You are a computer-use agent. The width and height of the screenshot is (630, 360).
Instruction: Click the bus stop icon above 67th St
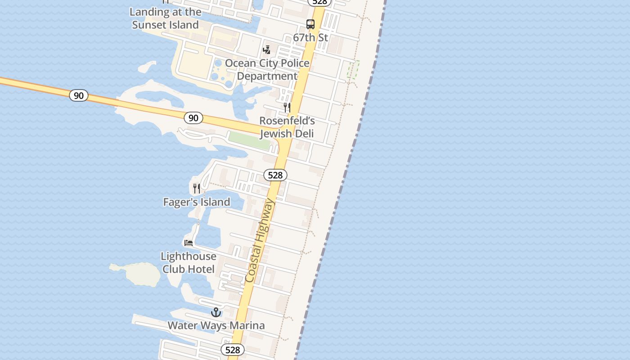(310, 24)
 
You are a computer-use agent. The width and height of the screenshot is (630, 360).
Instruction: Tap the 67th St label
(310, 37)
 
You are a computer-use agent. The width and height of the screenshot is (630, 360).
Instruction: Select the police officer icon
(267, 49)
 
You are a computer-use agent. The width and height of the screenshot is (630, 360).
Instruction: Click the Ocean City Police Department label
(267, 70)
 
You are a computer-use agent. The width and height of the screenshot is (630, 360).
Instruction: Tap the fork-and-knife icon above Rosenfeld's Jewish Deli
(287, 107)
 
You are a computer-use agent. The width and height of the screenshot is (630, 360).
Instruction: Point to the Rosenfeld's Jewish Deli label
(287, 127)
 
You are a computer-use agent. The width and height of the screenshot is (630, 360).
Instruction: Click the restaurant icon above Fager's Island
(197, 188)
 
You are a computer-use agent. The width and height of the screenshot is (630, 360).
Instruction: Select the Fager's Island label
(197, 202)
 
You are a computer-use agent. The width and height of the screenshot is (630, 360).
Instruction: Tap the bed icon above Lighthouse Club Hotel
(189, 243)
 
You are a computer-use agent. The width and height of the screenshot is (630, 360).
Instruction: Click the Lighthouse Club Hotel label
(189, 263)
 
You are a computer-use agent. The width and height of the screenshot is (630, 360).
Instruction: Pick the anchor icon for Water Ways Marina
(216, 312)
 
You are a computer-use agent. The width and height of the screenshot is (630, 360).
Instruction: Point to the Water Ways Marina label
(216, 325)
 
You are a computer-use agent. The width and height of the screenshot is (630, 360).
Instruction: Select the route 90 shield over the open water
(79, 95)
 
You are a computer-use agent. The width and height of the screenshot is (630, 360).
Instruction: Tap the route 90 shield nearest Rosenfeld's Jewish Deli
(193, 118)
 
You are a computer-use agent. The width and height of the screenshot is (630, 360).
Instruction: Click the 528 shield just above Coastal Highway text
(275, 175)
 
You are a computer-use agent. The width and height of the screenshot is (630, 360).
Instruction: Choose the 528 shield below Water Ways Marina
(233, 350)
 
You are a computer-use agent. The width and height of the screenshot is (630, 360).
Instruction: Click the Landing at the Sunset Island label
(166, 18)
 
